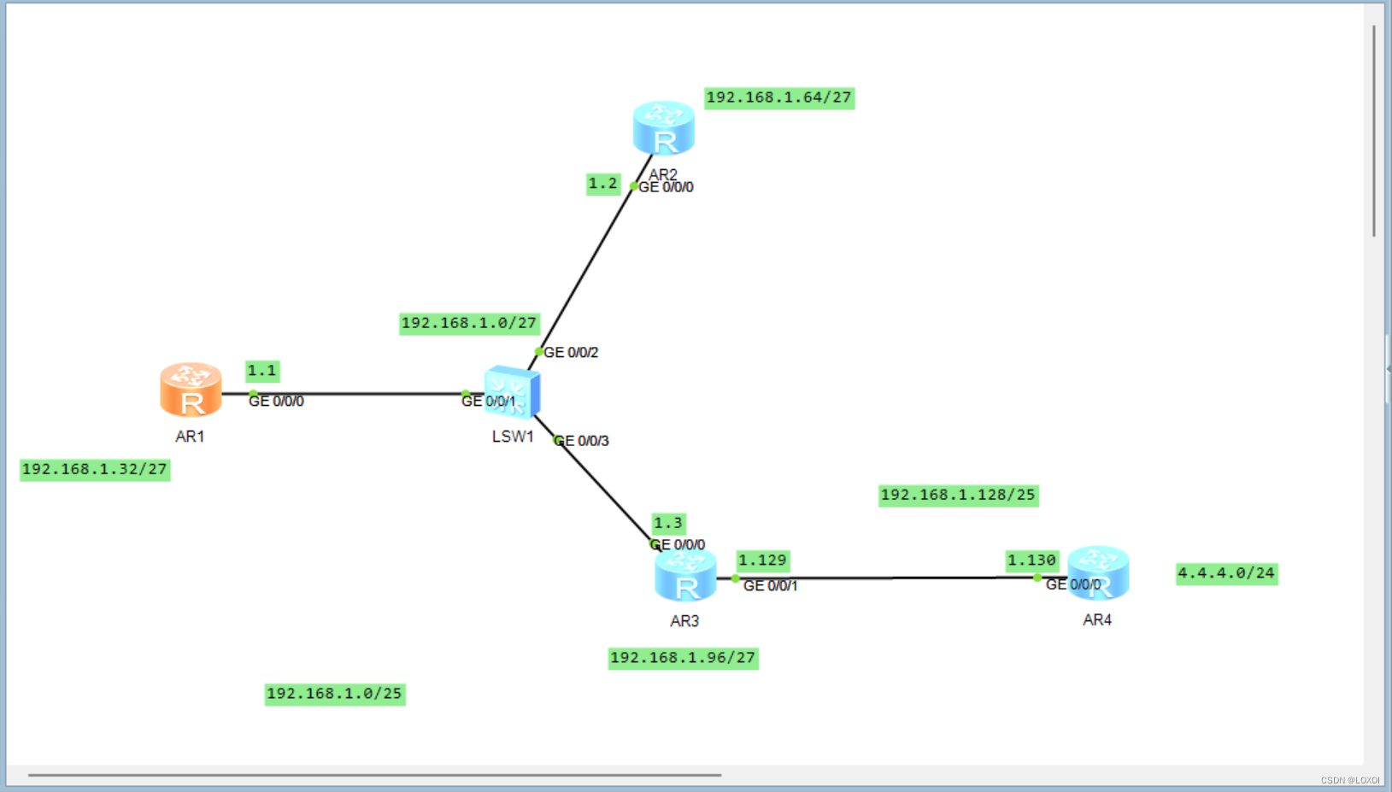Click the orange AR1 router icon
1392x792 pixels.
tap(191, 390)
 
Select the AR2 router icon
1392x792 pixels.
tap(663, 128)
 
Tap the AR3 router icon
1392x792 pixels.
tap(685, 576)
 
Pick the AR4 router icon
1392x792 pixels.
tap(1098, 572)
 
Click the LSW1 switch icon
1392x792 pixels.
tap(512, 393)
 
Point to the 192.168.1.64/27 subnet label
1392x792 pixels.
tap(778, 97)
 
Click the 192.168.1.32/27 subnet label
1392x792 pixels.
tap(95, 469)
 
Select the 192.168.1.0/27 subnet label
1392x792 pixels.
tap(469, 323)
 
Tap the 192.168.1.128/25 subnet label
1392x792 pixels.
tap(958, 495)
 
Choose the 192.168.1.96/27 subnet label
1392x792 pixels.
tap(683, 658)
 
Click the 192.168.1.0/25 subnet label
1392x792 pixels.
tap(334, 694)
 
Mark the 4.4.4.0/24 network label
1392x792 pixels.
tap(1226, 573)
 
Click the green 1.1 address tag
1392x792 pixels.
tap(262, 371)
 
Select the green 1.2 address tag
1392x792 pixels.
tap(602, 184)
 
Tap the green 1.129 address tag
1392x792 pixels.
tap(762, 560)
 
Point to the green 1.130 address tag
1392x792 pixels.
tap(1031, 560)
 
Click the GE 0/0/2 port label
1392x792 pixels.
tap(571, 352)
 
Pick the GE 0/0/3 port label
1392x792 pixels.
tap(582, 441)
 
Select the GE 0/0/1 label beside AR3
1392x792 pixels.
tap(770, 585)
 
